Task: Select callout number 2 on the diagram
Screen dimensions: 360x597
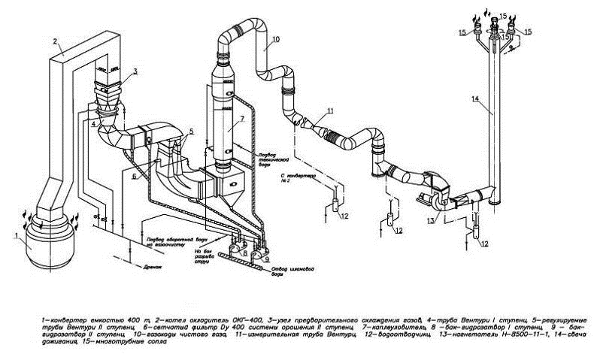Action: coord(55,42)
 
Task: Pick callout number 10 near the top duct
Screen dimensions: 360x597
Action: coord(276,38)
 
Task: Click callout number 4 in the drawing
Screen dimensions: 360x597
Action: coord(93,123)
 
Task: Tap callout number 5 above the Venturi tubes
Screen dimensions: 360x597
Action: coord(192,131)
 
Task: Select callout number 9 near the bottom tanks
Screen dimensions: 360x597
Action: coord(268,260)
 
